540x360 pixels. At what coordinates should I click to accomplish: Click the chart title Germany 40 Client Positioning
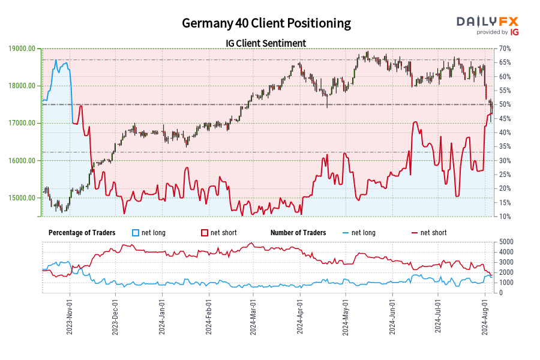266,23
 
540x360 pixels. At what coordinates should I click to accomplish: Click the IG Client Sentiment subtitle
266,43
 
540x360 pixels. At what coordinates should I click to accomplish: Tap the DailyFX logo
488,25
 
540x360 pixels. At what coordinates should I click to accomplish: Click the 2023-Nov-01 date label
70,316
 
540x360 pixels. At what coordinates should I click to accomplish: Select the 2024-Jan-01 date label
161,316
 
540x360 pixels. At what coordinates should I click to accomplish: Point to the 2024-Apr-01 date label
299,316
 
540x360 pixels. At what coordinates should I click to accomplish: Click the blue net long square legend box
136,233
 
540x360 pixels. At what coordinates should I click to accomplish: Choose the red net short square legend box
205,233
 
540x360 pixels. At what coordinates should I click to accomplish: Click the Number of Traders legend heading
298,233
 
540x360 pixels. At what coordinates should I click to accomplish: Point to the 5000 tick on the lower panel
505,242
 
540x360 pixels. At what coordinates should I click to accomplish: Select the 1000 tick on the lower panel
505,283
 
